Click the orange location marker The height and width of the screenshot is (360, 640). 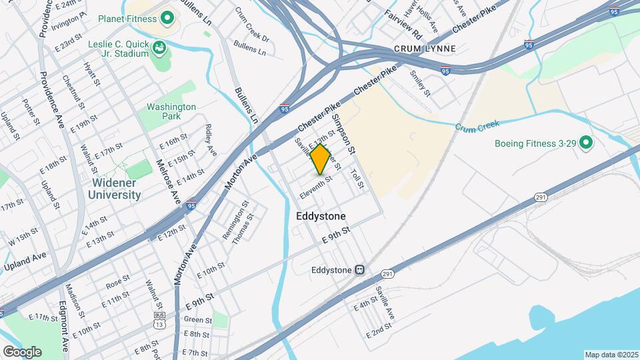321,159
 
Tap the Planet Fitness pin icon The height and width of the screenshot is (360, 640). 167,17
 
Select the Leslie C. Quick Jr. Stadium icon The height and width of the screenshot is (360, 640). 159,48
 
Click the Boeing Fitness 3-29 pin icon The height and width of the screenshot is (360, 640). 585,143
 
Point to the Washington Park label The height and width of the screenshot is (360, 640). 171,111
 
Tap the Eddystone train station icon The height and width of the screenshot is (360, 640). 359,270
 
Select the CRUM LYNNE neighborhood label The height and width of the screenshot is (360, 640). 425,49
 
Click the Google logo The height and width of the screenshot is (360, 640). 22,351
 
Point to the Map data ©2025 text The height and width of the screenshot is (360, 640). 611,355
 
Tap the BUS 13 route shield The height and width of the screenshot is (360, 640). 159,319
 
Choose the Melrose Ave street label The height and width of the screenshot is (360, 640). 168,181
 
